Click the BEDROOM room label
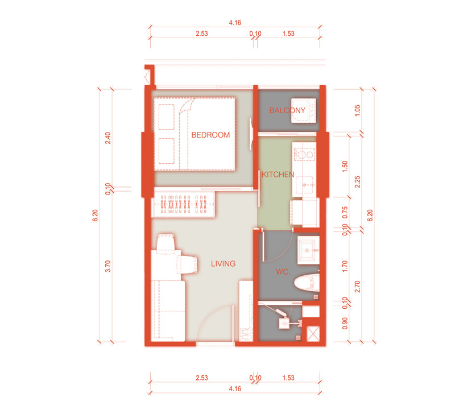(210, 135)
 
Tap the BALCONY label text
(287, 110)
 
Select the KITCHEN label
(278, 175)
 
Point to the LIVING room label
(223, 263)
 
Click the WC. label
(283, 272)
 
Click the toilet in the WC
(307, 282)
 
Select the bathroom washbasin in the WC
(308, 250)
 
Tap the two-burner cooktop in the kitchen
(304, 154)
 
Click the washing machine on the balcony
(304, 110)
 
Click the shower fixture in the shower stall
(287, 320)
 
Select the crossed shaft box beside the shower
(313, 334)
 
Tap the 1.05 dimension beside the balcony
(357, 110)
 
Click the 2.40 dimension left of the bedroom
(107, 138)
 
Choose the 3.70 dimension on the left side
(107, 266)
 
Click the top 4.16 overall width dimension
(235, 23)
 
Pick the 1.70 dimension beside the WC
(345, 266)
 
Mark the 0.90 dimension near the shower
(345, 323)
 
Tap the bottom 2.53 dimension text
(202, 378)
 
